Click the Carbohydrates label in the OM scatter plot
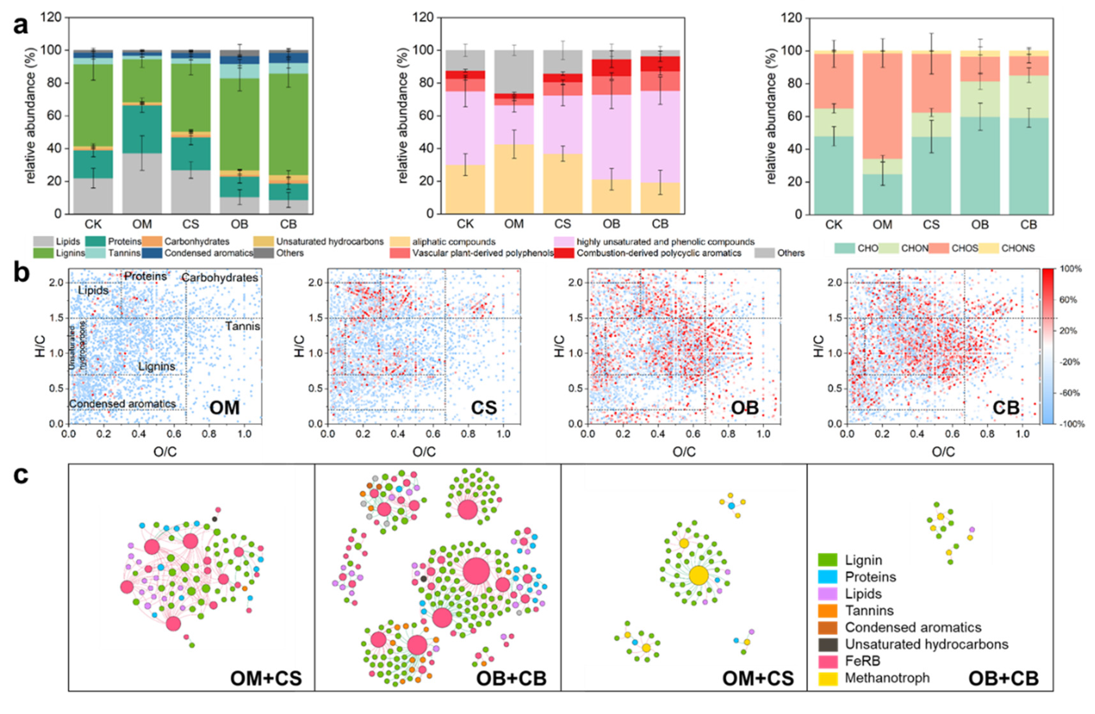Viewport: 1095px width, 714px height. point(220,278)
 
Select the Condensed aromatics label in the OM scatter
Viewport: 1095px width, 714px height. point(122,404)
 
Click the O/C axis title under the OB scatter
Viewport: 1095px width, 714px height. point(684,452)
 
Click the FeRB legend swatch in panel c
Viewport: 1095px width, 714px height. point(827,661)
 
